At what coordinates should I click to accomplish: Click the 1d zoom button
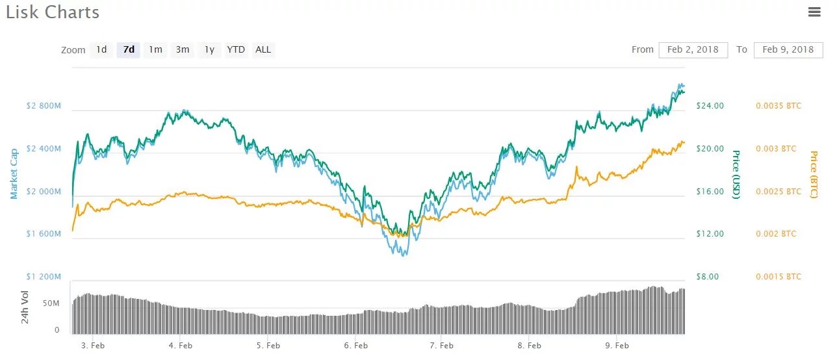101,49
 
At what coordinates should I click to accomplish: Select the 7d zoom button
128,49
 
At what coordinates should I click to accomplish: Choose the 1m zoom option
155,49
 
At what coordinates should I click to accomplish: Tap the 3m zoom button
183,49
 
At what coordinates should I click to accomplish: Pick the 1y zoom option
209,49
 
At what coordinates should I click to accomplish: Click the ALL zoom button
263,49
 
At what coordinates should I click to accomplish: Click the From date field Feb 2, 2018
693,49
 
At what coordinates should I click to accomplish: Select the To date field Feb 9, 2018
788,49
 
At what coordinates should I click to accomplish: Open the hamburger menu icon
814,12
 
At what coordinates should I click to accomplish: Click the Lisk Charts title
53,12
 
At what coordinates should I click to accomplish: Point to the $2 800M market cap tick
44,106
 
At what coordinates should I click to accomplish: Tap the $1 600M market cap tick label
44,234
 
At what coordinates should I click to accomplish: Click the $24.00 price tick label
710,106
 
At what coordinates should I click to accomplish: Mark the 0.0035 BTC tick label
779,106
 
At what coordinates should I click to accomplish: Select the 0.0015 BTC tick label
779,277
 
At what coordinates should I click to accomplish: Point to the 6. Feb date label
356,346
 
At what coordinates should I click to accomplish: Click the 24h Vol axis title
25,307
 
